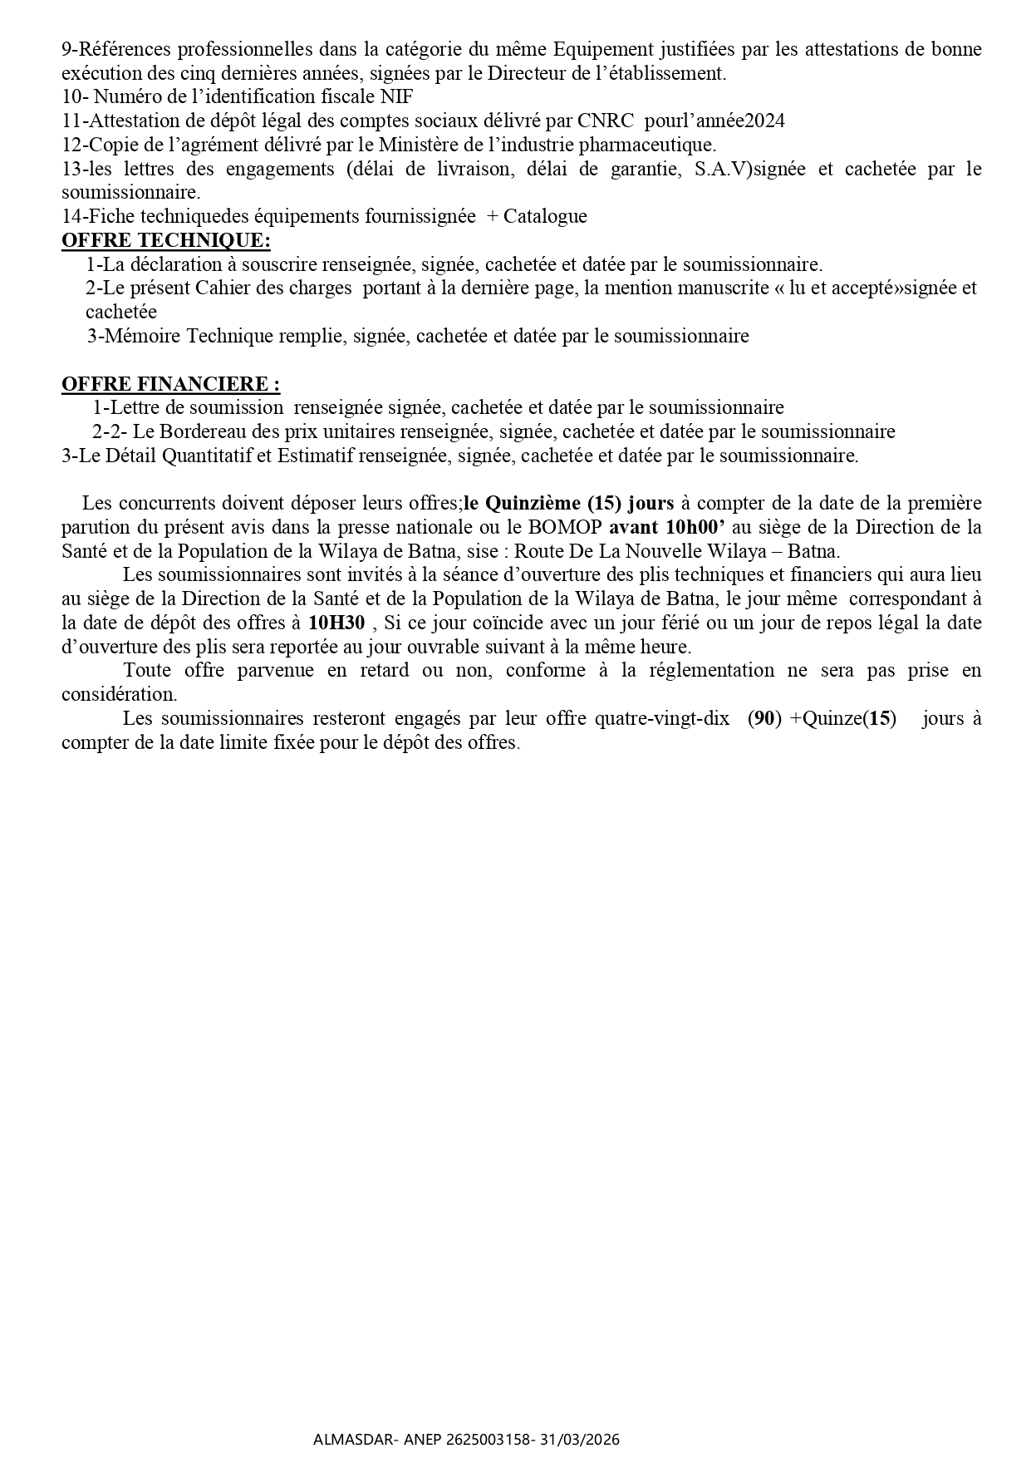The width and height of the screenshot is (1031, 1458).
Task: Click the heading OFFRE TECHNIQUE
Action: point(165,240)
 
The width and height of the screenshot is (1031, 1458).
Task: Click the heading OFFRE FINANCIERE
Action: point(170,384)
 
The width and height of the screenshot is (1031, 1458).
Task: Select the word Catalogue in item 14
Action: point(545,216)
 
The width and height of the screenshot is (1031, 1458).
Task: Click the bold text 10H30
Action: point(336,623)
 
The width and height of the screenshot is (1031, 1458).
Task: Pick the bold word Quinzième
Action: point(532,503)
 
